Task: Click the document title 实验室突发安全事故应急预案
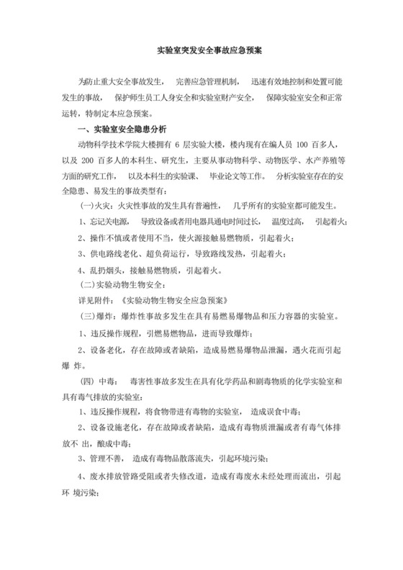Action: tap(201, 53)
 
